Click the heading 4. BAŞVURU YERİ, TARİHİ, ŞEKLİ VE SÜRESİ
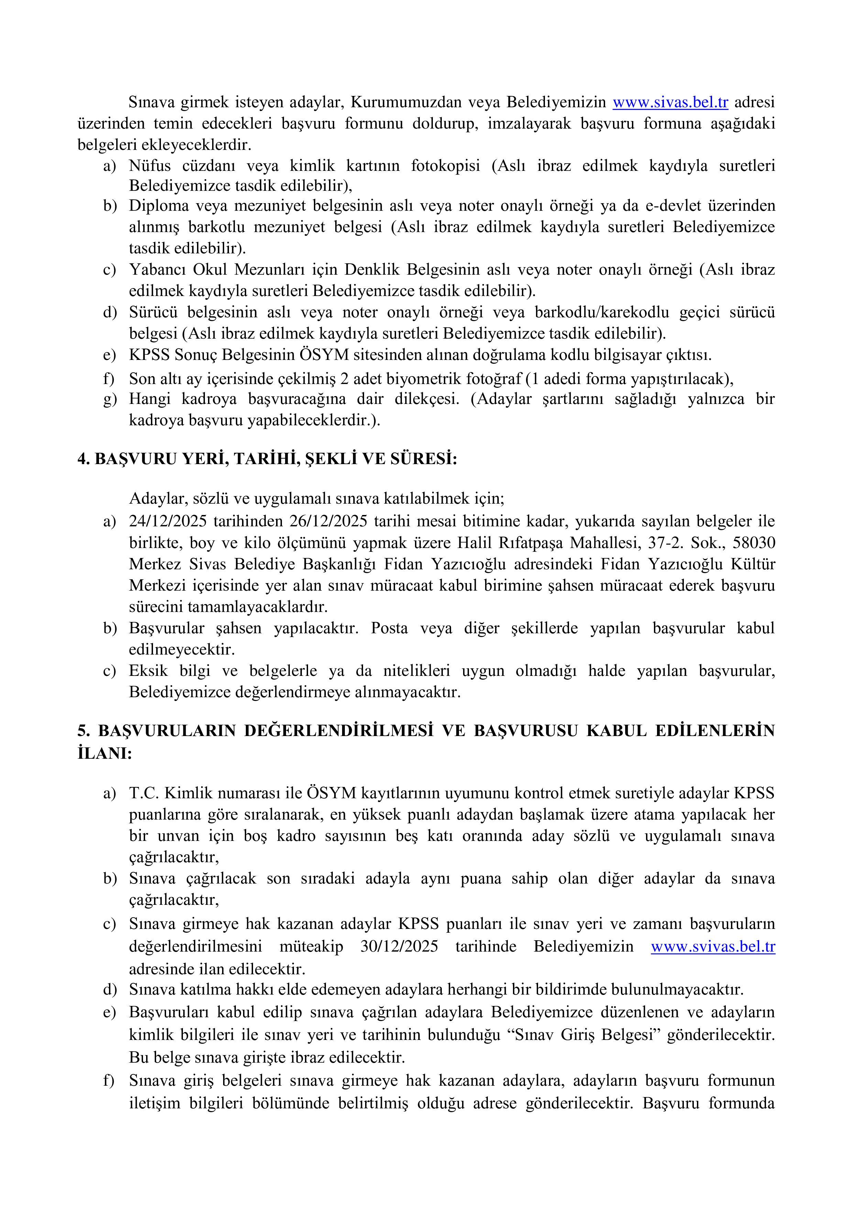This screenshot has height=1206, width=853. pos(267,459)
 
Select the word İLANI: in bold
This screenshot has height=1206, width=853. pos(105,753)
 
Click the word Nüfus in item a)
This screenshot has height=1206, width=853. pos(150,166)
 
